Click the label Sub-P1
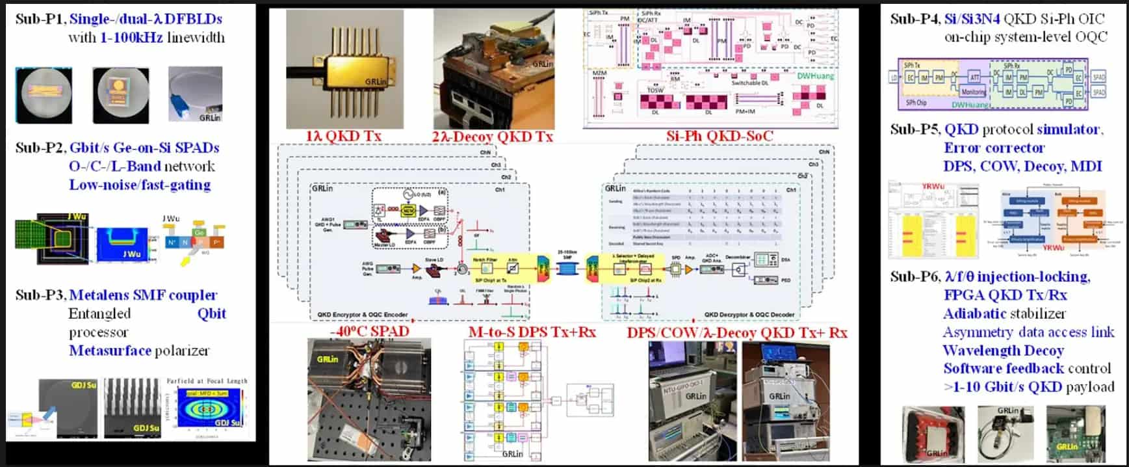pyautogui.click(x=40, y=19)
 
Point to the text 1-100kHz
pyautogui.click(x=131, y=37)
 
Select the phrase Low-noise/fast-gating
pyautogui.click(x=140, y=185)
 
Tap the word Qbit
pyautogui.click(x=212, y=314)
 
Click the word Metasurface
pyautogui.click(x=110, y=351)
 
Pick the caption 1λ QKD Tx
pyautogui.click(x=343, y=136)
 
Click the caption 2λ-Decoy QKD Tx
pyautogui.click(x=493, y=136)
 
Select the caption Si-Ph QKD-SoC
pyautogui.click(x=720, y=136)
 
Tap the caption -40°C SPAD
pyautogui.click(x=369, y=331)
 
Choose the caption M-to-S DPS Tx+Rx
pyautogui.click(x=532, y=332)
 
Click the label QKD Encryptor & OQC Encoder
pyautogui.click(x=363, y=315)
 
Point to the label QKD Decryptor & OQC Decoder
pyautogui.click(x=749, y=315)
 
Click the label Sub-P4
pyautogui.click(x=914, y=19)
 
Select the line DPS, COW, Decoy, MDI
pyautogui.click(x=1022, y=166)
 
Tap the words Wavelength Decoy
pyautogui.click(x=1003, y=351)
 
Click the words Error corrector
pyautogui.click(x=994, y=148)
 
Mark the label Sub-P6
pyautogui.click(x=914, y=277)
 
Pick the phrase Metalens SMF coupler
pyautogui.click(x=143, y=295)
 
